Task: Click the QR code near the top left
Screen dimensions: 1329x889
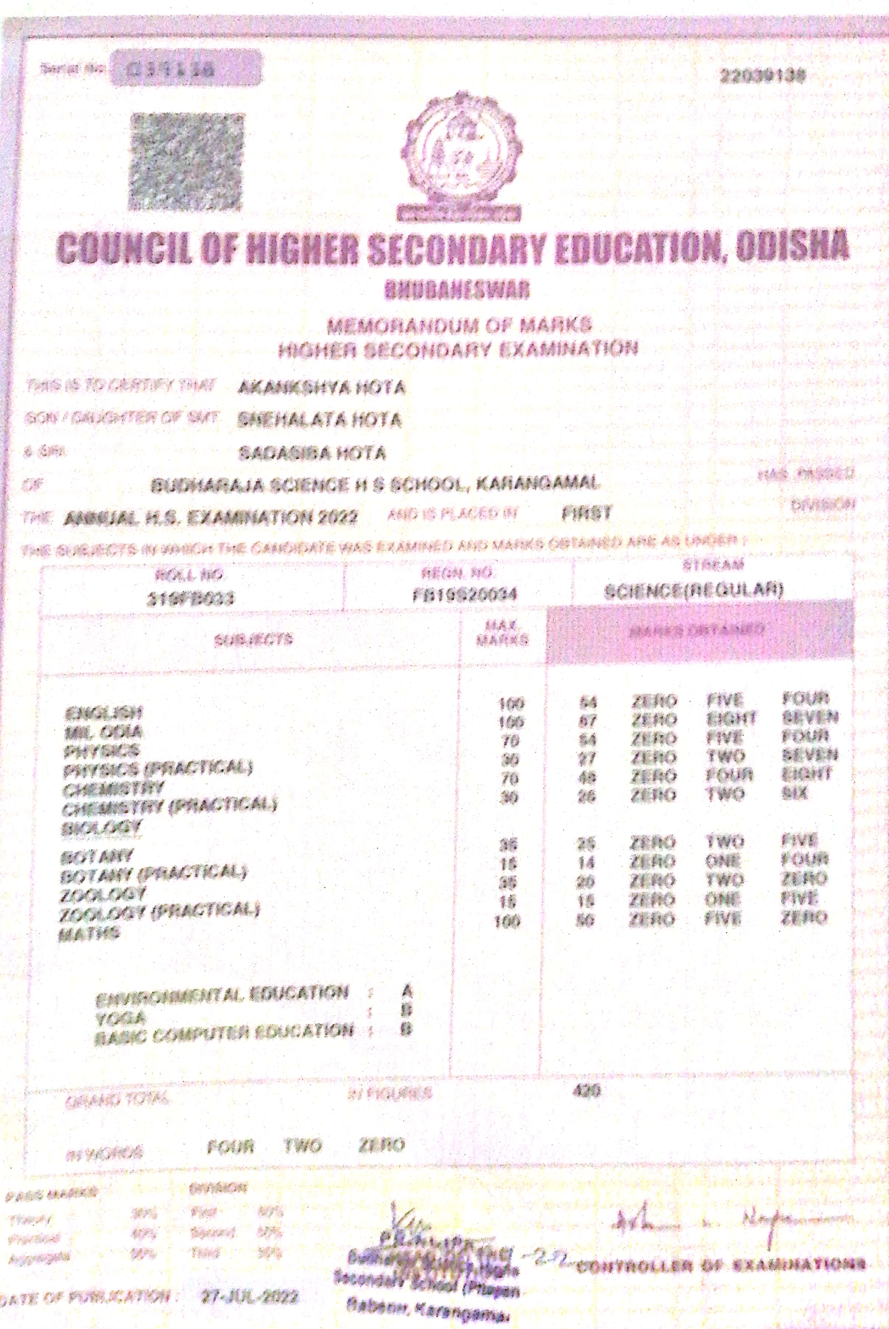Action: [187, 160]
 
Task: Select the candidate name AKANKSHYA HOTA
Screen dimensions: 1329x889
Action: [321, 388]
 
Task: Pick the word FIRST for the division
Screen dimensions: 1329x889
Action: [586, 514]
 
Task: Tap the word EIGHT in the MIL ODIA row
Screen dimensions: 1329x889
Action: [731, 719]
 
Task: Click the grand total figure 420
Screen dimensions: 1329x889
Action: [587, 1089]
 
